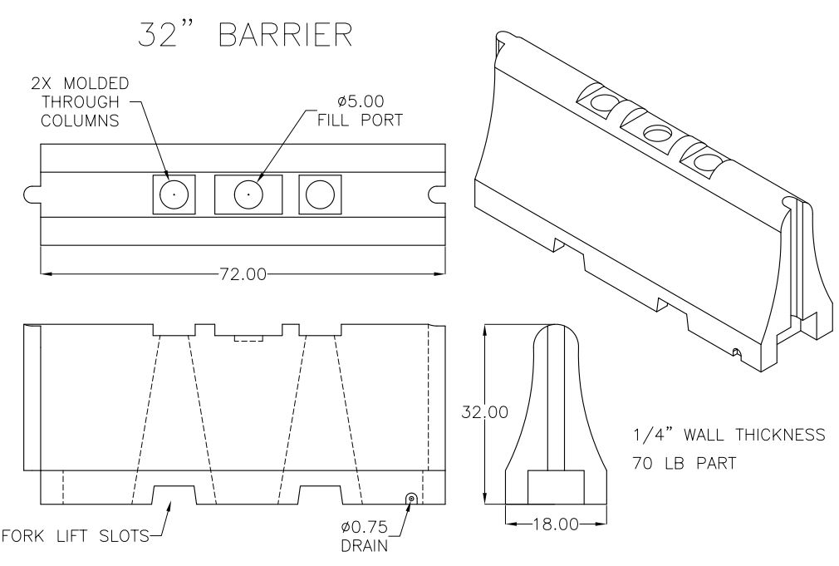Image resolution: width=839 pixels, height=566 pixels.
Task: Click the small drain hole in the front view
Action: click(x=410, y=497)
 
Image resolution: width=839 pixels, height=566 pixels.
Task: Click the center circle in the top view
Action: click(x=248, y=194)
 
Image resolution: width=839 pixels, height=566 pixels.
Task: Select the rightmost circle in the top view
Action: click(x=319, y=194)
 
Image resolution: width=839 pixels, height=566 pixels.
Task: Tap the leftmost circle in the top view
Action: click(x=174, y=194)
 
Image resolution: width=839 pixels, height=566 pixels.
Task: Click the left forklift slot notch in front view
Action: click(x=174, y=495)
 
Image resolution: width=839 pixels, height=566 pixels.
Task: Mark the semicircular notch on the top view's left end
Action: click(x=32, y=194)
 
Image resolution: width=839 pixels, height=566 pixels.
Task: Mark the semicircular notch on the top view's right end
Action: click(x=438, y=194)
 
